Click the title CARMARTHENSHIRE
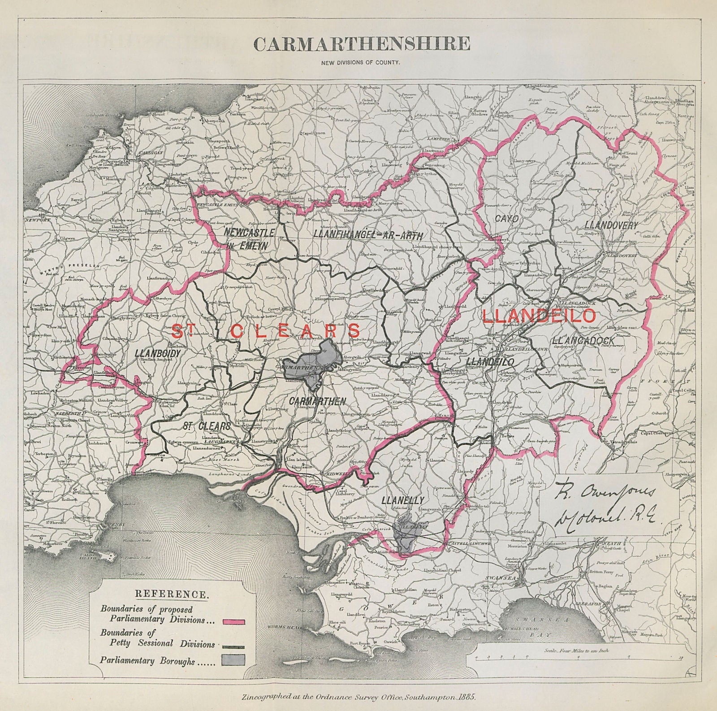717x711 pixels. (362, 44)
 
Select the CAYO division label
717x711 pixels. (506, 219)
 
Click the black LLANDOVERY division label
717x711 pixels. (611, 226)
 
